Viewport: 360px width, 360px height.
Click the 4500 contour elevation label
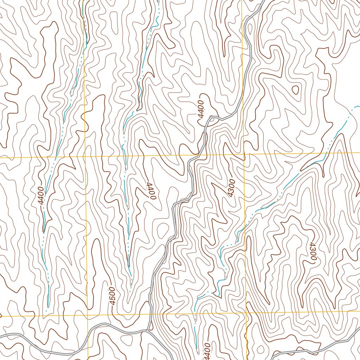[x=112, y=296]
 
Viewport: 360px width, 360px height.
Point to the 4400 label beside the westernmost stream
[x=40, y=196]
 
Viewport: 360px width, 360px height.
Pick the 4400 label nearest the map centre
[x=150, y=191]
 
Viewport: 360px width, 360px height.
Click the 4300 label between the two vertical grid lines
[x=231, y=188]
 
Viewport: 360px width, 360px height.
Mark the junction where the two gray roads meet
[x=149, y=330]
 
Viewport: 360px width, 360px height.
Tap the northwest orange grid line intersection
[x=85, y=156]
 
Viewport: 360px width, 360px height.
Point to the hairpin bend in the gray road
[x=211, y=118]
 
